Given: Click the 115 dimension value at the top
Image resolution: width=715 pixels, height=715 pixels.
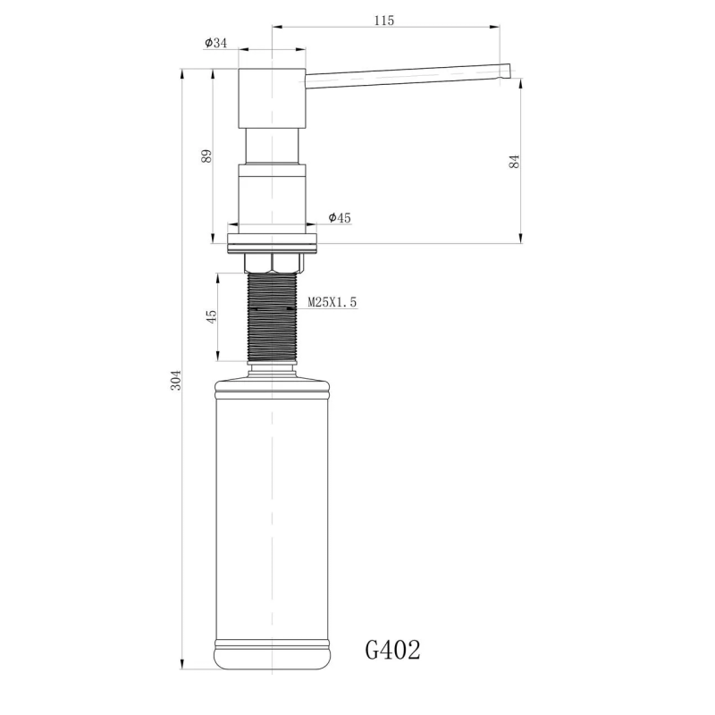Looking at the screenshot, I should tap(384, 20).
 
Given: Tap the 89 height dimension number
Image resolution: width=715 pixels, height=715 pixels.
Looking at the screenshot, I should tap(206, 155).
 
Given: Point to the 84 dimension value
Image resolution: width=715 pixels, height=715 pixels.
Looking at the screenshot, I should tap(513, 161).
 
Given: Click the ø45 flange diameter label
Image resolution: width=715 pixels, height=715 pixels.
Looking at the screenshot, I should tap(340, 217).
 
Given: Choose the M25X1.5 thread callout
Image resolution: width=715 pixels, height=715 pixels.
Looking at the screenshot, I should tap(332, 303).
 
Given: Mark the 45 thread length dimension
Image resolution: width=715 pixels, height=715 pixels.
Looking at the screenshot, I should tap(212, 317).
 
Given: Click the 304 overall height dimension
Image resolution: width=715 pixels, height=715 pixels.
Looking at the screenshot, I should tap(176, 379).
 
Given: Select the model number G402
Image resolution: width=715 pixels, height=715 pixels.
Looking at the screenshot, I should tap(393, 649).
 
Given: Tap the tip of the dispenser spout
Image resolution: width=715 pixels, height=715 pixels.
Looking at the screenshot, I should tap(505, 71).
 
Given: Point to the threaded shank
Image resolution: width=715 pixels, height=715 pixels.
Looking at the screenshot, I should tap(273, 317).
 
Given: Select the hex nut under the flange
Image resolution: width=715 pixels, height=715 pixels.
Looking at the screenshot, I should tap(273, 261).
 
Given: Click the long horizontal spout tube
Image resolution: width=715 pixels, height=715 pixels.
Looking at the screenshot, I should tap(402, 78).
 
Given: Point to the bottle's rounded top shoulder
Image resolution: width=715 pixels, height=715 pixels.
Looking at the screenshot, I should tap(273, 383).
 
